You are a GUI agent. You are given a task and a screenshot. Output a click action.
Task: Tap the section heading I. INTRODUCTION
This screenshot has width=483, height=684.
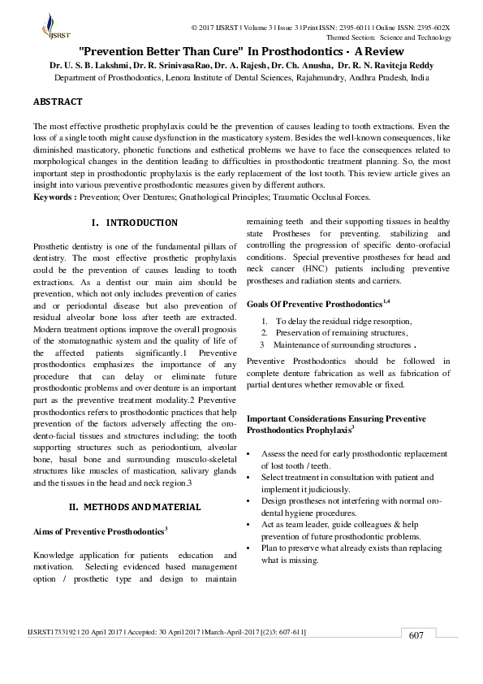136,223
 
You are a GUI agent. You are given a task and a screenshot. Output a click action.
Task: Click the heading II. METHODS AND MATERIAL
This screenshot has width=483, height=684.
135,507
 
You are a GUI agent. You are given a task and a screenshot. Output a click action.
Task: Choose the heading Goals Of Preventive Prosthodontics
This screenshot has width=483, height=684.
317,303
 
